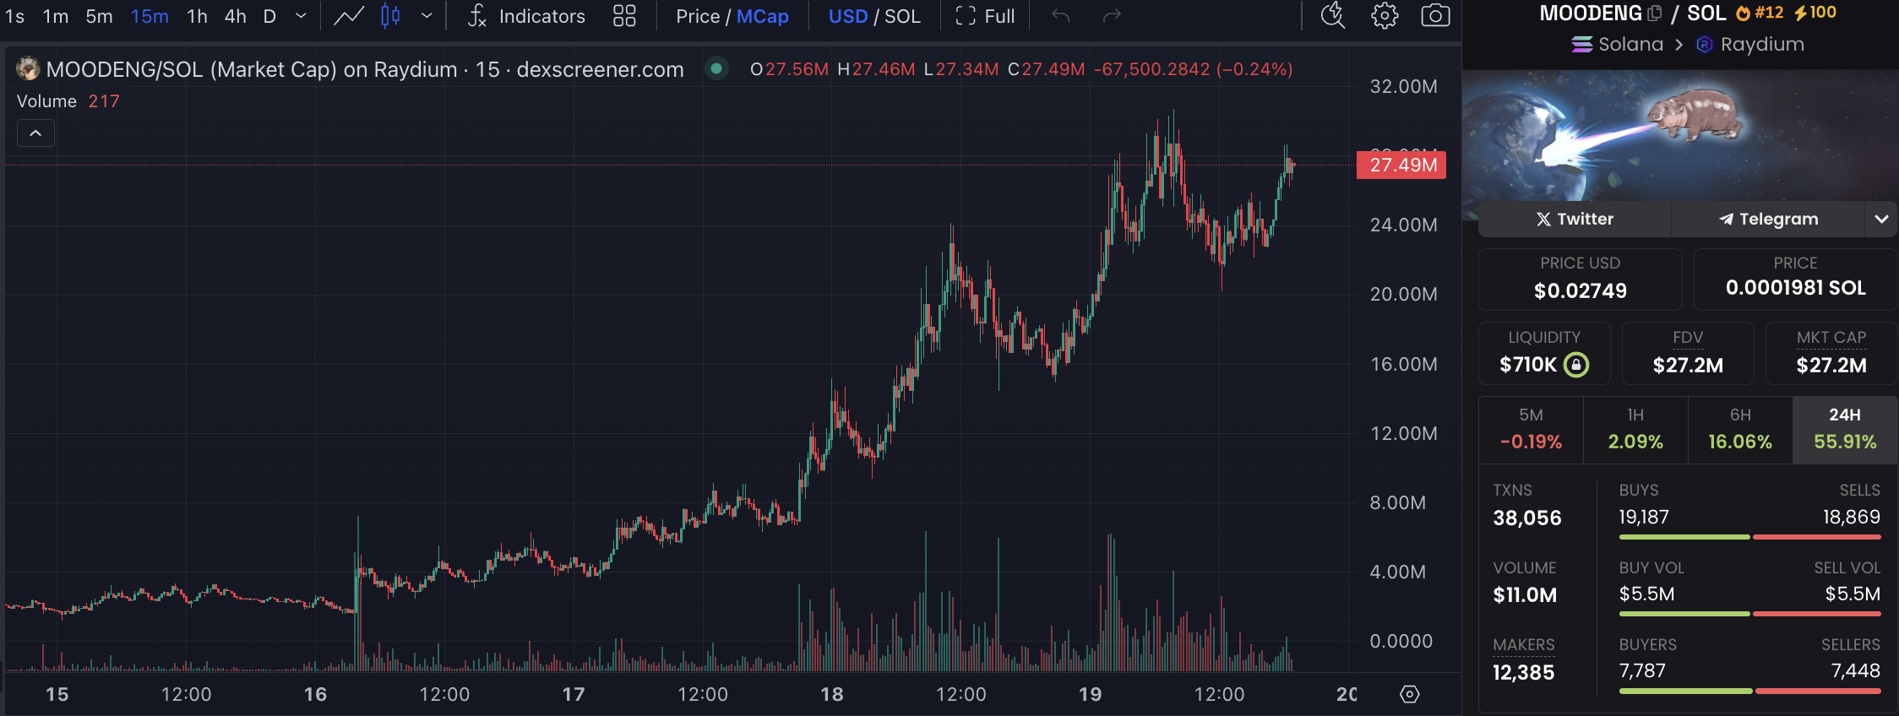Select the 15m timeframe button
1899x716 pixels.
pos(150,16)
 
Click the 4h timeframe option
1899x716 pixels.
pos(235,16)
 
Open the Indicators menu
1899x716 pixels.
pos(526,16)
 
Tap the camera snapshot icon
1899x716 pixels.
pos(1435,16)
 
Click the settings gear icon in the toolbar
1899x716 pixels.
pos(1385,16)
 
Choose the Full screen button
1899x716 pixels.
pos(985,16)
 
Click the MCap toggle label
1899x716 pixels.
pos(762,16)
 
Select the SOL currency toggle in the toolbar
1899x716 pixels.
pos(902,16)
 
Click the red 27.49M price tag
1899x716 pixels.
pos(1401,165)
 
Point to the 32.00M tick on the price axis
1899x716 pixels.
pos(1403,86)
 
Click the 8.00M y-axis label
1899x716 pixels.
pos(1397,502)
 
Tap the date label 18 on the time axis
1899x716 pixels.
pos(832,694)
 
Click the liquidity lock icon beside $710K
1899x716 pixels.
pos(1576,365)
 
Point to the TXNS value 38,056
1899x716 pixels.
pos(1526,518)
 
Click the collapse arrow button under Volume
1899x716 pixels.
pos(35,133)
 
